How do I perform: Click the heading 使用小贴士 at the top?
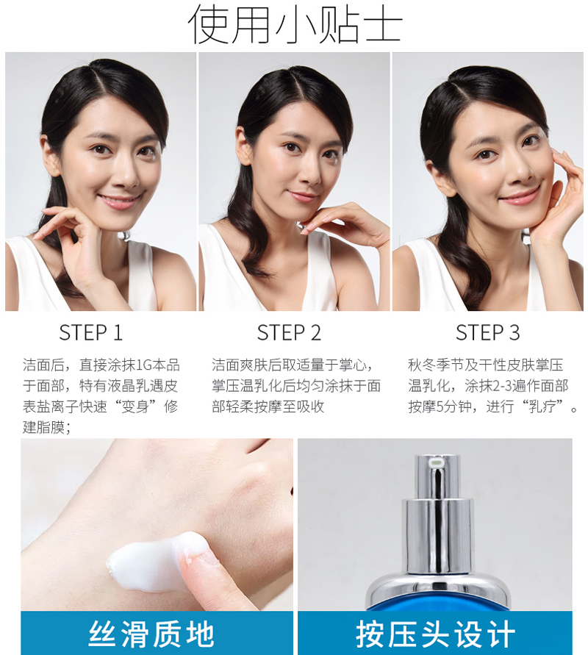tap(295, 24)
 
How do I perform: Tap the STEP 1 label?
tap(90, 333)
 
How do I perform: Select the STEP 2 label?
tap(289, 333)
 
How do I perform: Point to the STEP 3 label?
tap(487, 333)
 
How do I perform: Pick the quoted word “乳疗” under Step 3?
tap(543, 407)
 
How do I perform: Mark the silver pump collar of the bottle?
tap(437, 535)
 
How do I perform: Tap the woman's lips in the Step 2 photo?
tap(301, 196)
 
